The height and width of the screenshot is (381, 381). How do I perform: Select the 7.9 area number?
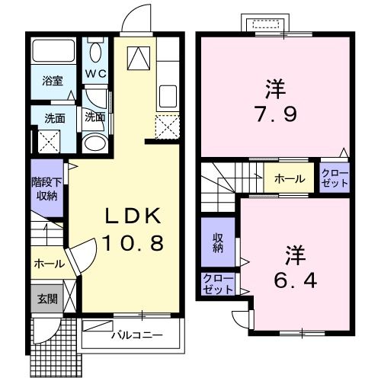[275, 117]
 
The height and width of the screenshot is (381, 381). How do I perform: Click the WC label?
[95, 74]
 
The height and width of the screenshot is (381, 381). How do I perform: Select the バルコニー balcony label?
[133, 335]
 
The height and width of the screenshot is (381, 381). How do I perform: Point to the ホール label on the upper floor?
[290, 179]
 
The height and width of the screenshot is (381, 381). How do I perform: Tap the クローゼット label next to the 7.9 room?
[334, 180]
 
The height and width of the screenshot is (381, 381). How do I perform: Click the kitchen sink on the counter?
[168, 98]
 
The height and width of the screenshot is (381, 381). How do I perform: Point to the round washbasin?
[94, 143]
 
